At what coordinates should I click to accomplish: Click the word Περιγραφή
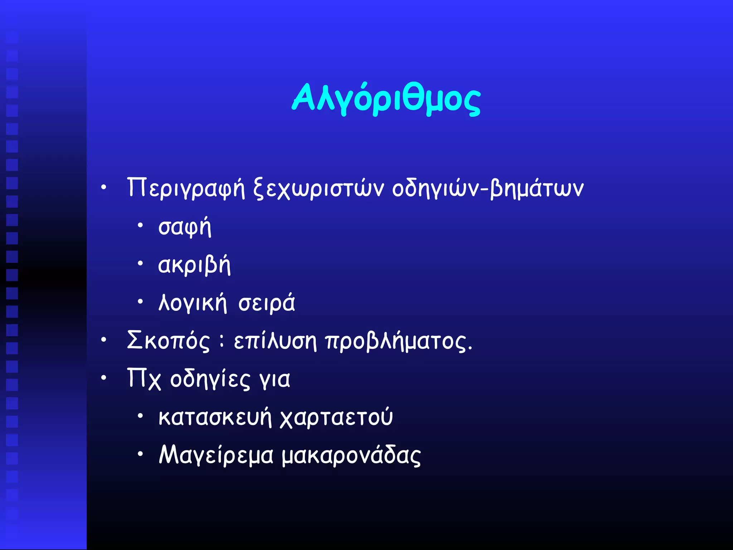(x=186, y=188)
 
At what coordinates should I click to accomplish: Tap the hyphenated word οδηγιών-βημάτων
(x=488, y=188)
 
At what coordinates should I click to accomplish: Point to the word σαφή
(x=185, y=227)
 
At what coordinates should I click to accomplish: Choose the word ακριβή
(x=194, y=265)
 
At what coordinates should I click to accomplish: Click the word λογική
(x=193, y=303)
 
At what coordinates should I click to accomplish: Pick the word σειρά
(x=267, y=303)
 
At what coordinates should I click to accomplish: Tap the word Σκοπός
(x=168, y=341)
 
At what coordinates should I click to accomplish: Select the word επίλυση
(x=275, y=341)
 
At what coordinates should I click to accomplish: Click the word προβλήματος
(x=399, y=341)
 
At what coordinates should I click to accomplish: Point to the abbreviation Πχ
(x=144, y=379)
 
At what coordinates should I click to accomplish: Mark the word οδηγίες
(x=210, y=379)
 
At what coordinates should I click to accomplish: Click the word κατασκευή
(x=215, y=418)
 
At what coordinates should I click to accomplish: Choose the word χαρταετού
(x=336, y=418)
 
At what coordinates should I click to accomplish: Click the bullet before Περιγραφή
(x=103, y=187)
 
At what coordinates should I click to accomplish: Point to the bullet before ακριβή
(x=140, y=264)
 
